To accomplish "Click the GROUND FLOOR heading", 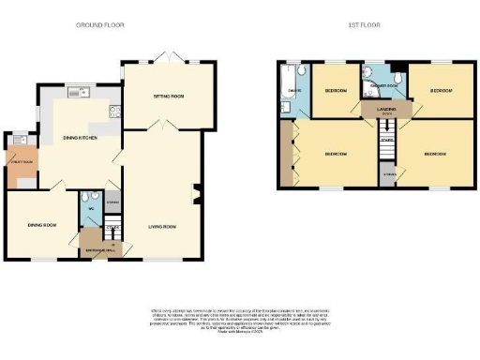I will tap(99, 24).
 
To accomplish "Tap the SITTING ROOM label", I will tap(170, 96).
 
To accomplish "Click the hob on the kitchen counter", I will tap(114, 112).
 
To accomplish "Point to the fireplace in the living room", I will tap(196, 196).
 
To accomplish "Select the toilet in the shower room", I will tap(397, 76).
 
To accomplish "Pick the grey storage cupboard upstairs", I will tap(387, 173).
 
